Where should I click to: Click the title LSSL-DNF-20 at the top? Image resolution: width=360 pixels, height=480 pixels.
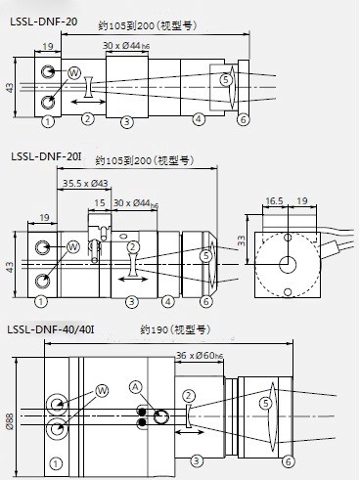point(44,22)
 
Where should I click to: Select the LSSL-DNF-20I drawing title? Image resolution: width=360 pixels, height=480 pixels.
point(46,156)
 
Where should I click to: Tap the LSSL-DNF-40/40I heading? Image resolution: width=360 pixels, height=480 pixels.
point(51,329)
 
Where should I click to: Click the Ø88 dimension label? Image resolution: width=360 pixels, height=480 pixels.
point(10,421)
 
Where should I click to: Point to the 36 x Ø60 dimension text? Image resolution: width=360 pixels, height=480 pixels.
point(200,356)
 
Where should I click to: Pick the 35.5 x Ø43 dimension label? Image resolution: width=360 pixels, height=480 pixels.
point(85,183)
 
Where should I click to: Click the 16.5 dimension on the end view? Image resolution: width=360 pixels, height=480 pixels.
point(274,201)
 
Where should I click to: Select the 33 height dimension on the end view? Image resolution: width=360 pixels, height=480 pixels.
point(242,240)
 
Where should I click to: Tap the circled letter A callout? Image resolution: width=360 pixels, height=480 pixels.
point(136,387)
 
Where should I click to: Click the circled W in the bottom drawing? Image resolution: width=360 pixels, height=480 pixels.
point(102,390)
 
